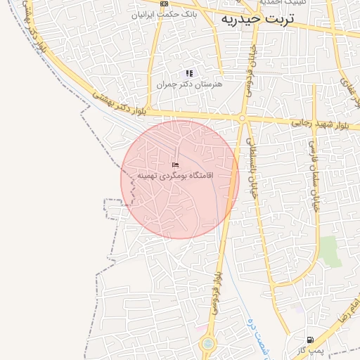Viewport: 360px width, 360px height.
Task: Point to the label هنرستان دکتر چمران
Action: click(189, 84)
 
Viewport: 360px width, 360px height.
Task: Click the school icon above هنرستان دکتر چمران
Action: click(189, 73)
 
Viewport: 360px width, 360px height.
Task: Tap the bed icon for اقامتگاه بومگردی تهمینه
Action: click(175, 164)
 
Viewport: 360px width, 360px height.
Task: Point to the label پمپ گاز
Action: click(309, 349)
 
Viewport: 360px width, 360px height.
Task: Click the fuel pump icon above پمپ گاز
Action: click(310, 340)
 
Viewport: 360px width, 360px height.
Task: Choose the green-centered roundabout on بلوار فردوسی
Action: click(208, 345)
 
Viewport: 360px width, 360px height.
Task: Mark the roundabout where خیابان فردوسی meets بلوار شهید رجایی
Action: click(242, 119)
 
